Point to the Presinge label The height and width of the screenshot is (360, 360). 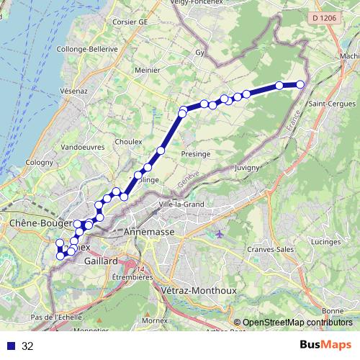point(196,154)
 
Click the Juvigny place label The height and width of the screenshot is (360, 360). point(247,168)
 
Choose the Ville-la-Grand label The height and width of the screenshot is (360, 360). point(181,205)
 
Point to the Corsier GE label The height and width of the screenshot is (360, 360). point(130,22)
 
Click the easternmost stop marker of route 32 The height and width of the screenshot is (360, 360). point(300,85)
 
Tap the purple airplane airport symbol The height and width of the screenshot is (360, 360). point(219,235)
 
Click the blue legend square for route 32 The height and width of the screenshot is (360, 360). point(11,346)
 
